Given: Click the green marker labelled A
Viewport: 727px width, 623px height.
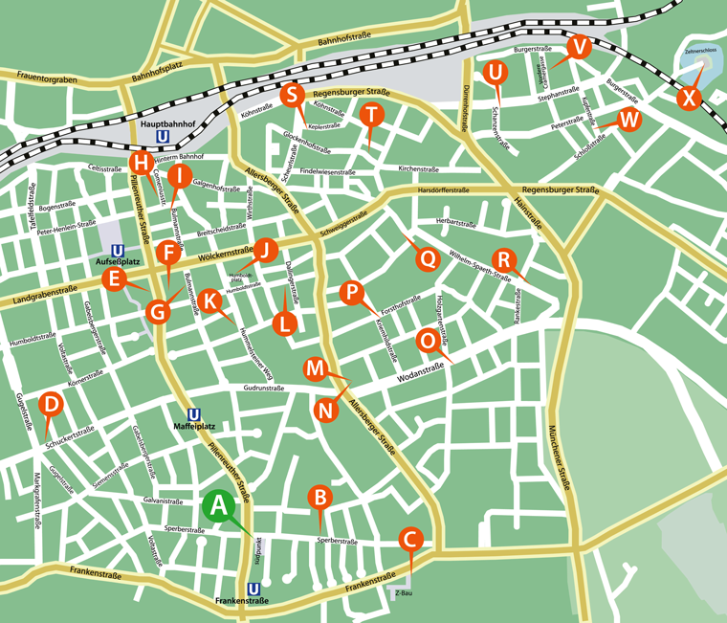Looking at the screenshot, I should [x=219, y=505].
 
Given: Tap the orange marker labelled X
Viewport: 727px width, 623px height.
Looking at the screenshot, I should [x=687, y=99].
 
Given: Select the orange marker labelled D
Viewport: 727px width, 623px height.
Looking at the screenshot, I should [x=53, y=405].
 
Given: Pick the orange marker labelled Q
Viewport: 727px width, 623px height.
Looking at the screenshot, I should [x=427, y=257].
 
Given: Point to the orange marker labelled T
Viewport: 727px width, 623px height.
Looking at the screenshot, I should [x=371, y=115].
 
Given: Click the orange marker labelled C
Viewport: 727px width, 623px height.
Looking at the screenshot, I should [x=409, y=540].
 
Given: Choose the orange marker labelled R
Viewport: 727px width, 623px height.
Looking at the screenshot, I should [x=503, y=259].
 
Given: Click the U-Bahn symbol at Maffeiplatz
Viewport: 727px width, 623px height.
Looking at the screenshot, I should [x=194, y=413].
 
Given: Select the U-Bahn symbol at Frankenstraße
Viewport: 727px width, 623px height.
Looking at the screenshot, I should [x=253, y=589].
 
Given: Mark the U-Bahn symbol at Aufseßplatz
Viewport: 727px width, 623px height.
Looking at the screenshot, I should [x=117, y=247].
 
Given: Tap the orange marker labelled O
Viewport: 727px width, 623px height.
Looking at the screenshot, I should [x=430, y=340].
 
